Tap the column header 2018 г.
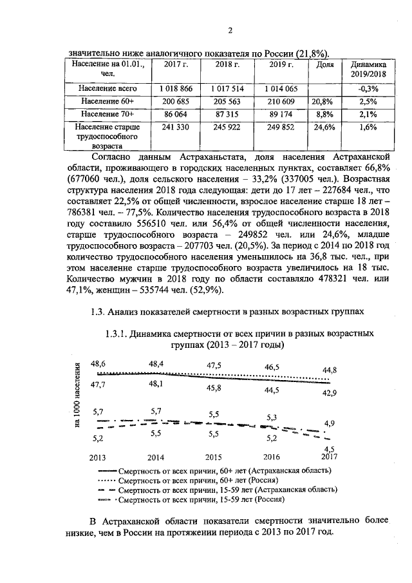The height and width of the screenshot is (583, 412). click(227, 65)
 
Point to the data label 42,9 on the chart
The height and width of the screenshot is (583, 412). click(330, 393)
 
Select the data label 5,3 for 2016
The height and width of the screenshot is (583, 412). click(271, 417)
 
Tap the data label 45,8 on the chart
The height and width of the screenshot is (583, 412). click(214, 388)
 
